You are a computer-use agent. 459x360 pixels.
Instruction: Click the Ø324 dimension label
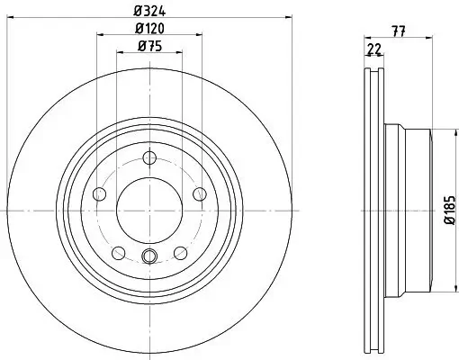point(149,10)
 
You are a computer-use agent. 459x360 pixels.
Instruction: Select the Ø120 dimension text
point(149,29)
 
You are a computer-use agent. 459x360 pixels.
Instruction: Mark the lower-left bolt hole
point(118,252)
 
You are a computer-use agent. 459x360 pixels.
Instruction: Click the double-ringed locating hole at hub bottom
point(149,256)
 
